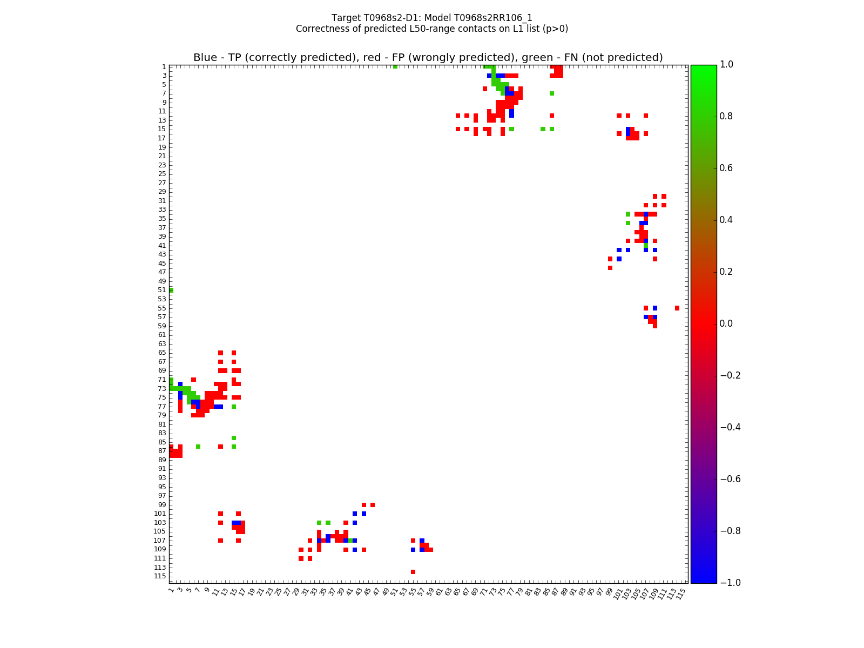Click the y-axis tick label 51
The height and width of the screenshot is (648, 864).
162,290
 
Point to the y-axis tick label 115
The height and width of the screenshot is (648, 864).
160,576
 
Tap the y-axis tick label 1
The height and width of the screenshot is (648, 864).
164,67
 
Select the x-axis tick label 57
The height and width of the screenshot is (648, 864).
421,592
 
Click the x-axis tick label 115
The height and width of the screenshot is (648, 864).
681,593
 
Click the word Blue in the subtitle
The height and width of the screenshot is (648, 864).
205,58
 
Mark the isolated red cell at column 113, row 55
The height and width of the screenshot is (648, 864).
677,308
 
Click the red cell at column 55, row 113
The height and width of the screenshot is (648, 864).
413,572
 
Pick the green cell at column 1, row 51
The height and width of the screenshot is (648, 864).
171,290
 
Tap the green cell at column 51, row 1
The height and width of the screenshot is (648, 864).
395,66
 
